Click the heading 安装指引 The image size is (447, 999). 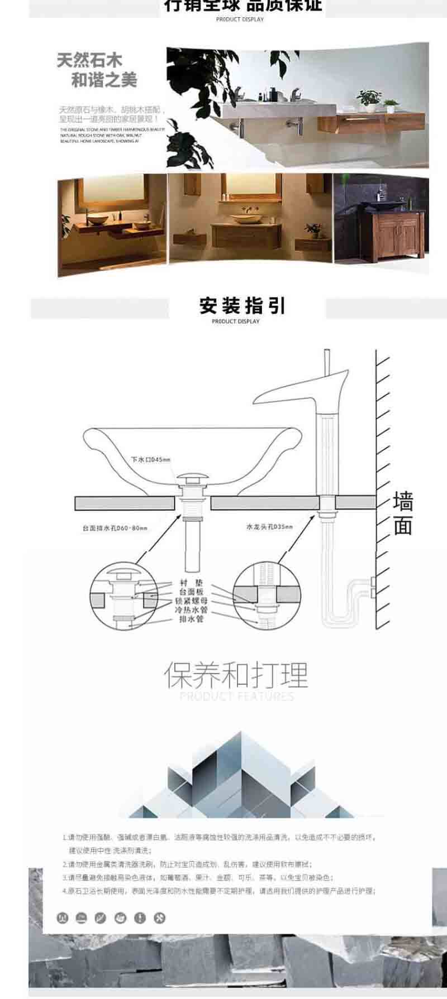point(242,306)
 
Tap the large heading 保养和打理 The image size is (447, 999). point(236,675)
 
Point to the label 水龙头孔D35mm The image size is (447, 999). point(269,526)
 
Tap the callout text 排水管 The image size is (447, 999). point(191,619)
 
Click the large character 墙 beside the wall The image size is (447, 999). point(402,501)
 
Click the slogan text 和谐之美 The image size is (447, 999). point(104,80)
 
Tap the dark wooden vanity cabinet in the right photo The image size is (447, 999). point(391,234)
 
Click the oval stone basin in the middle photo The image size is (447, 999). point(244,220)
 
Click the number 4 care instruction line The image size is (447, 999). point(218,891)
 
